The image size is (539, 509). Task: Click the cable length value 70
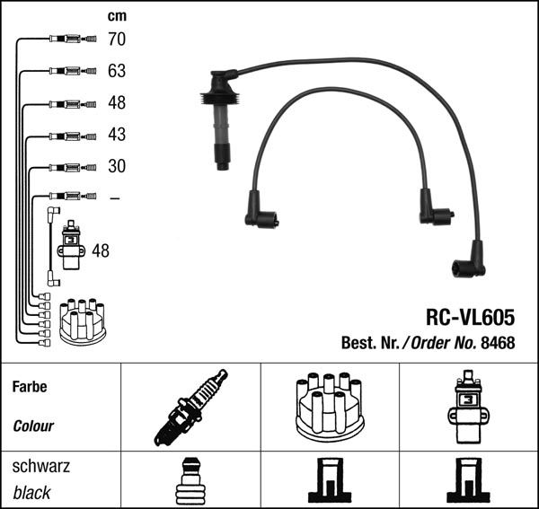pyautogui.click(x=117, y=39)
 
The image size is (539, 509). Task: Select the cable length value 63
pyautogui.click(x=117, y=71)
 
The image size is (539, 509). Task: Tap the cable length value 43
pyautogui.click(x=117, y=135)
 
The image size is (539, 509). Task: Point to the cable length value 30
pyautogui.click(x=117, y=166)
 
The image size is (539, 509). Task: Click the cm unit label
pyautogui.click(x=117, y=15)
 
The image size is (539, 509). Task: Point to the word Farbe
pyautogui.click(x=30, y=388)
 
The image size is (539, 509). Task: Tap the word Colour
pyautogui.click(x=33, y=426)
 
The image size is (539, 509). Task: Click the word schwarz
pyautogui.click(x=41, y=467)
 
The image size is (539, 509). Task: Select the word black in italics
pyautogui.click(x=31, y=493)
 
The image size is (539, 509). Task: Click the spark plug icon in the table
pyautogui.click(x=190, y=407)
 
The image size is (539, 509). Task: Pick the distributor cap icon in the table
pyautogui.click(x=330, y=407)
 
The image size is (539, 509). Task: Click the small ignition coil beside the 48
pyautogui.click(x=71, y=245)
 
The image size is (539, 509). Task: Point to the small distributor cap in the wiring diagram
pyautogui.click(x=82, y=321)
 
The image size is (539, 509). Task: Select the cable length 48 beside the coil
pyautogui.click(x=101, y=251)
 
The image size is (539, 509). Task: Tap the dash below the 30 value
pyautogui.click(x=114, y=197)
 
